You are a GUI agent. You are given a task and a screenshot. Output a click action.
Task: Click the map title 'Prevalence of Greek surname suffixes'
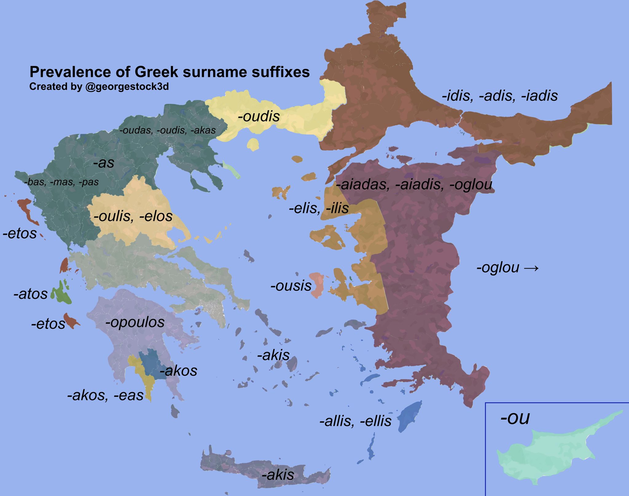click(x=170, y=72)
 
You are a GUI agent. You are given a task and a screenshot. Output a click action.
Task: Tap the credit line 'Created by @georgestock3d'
click(x=99, y=87)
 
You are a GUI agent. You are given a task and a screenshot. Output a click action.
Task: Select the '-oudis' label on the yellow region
click(x=259, y=116)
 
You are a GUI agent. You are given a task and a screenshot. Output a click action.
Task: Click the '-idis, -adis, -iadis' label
click(x=500, y=96)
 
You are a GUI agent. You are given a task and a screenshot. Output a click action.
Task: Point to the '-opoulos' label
click(x=135, y=322)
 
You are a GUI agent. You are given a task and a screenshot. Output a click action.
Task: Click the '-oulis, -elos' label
click(x=133, y=216)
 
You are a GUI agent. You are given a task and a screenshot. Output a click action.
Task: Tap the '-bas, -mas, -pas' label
click(x=61, y=182)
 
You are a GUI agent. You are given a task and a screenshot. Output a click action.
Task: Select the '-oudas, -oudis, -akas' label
click(x=167, y=130)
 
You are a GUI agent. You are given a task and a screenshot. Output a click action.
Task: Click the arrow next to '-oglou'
click(x=531, y=268)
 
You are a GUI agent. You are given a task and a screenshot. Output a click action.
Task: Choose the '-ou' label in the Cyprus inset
click(x=515, y=418)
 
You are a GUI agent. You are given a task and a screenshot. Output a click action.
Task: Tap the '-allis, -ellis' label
click(x=355, y=421)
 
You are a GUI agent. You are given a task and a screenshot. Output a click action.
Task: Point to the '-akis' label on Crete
click(x=278, y=475)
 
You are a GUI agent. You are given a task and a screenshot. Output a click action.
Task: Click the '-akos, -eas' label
click(x=105, y=396)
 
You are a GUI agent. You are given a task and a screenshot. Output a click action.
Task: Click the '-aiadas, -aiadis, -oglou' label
click(x=414, y=185)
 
